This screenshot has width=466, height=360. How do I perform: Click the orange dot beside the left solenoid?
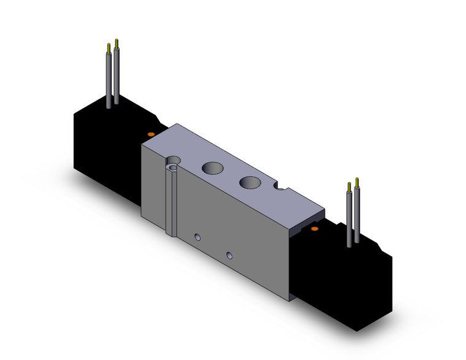(x=150, y=133)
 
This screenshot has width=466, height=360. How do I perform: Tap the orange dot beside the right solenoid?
(x=315, y=229)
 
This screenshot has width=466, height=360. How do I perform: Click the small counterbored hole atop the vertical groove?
(x=175, y=166)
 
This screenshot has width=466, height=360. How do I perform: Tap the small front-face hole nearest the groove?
(x=197, y=237)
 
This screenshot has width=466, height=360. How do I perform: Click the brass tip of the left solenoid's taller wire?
(x=116, y=44)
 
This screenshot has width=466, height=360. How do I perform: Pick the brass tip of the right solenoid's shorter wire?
(x=349, y=185)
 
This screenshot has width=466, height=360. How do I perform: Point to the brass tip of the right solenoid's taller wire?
(x=356, y=182)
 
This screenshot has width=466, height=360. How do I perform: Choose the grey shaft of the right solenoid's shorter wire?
(x=349, y=218)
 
